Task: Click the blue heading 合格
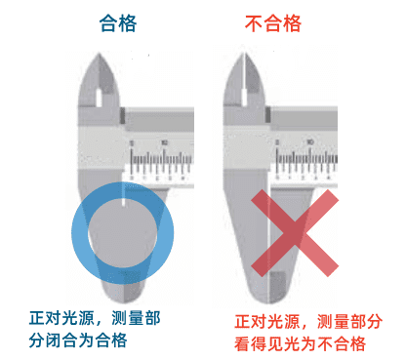tap(118, 23)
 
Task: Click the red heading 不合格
tap(273, 23)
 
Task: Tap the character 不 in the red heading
tap(255, 23)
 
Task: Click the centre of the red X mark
tap(295, 233)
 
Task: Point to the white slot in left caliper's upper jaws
tap(99, 99)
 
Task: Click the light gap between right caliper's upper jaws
tap(244, 81)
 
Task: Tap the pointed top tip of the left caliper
tap(100, 53)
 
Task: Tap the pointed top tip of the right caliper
tap(244, 53)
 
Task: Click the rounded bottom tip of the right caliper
tap(268, 301)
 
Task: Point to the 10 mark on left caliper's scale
tap(164, 142)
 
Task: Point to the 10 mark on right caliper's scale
tap(310, 142)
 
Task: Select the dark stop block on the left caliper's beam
tap(123, 115)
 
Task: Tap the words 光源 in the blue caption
tap(78, 318)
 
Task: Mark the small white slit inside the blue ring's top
tap(123, 194)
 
